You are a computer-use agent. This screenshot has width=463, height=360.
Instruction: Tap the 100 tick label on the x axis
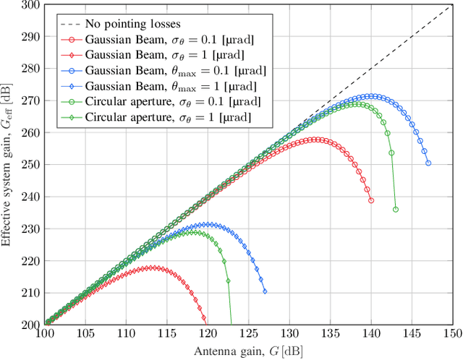pyautogui.click(x=44, y=333)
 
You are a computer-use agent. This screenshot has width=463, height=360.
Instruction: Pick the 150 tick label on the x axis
pyautogui.click(x=452, y=333)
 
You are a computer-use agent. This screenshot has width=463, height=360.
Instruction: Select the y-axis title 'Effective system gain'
pyautogui.click(x=8, y=165)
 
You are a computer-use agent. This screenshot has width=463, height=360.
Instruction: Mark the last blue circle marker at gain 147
pyautogui.click(x=428, y=163)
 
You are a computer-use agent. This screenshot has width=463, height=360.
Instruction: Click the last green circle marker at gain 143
pyautogui.click(x=396, y=210)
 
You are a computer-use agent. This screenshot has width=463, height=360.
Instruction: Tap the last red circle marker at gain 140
pyautogui.click(x=371, y=200)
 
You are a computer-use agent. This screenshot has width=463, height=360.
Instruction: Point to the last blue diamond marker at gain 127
pyautogui.click(x=265, y=291)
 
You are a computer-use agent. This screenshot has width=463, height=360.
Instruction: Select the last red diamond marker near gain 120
pyautogui.click(x=204, y=318)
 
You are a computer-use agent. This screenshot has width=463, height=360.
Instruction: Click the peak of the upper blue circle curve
pyautogui.click(x=371, y=96)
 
